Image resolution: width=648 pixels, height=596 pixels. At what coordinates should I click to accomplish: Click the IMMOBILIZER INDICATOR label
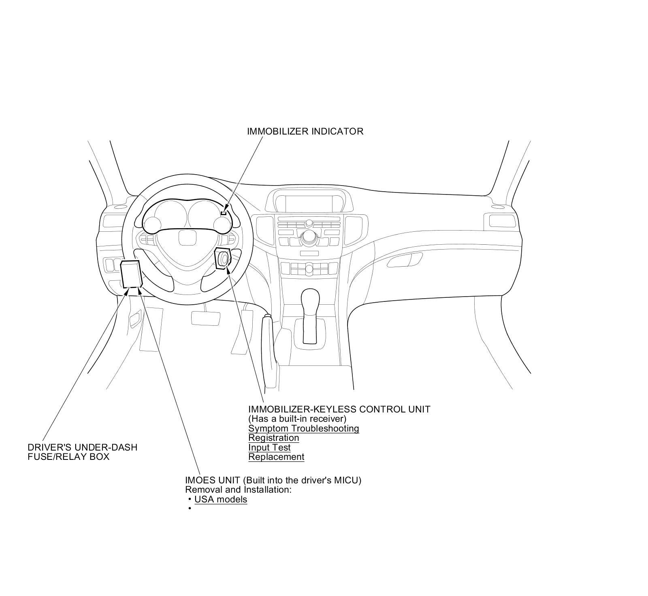click(305, 131)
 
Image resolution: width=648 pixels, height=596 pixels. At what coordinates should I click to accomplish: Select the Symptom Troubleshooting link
click(303, 428)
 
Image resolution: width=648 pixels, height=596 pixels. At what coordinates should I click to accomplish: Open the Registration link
click(273, 438)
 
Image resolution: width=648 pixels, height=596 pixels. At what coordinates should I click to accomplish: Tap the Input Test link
click(269, 447)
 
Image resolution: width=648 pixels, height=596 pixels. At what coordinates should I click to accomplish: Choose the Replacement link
click(276, 457)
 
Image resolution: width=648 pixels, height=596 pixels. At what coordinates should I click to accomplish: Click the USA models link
click(221, 499)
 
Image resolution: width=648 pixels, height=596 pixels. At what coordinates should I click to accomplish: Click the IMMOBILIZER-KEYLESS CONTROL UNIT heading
click(339, 409)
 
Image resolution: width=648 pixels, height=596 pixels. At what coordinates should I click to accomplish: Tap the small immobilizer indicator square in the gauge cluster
click(224, 213)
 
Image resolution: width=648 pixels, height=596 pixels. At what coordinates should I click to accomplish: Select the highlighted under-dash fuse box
click(131, 273)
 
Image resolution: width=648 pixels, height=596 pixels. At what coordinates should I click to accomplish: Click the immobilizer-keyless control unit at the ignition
click(223, 258)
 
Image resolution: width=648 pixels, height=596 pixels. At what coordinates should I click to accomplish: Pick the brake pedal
click(206, 317)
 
